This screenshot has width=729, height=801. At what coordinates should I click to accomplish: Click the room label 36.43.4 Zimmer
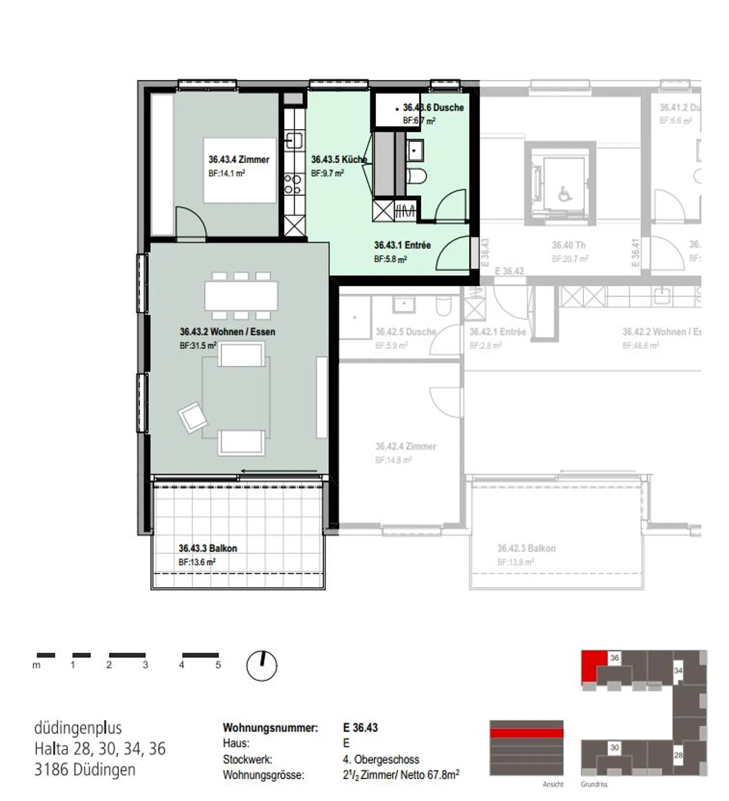coord(238,159)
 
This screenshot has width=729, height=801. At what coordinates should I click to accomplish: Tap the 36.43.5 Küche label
coord(338,159)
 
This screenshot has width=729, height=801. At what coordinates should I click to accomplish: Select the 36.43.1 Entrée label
coord(402,245)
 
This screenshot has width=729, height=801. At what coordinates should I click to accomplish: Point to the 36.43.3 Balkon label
coord(208,549)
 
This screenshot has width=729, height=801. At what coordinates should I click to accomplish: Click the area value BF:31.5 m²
coord(198,346)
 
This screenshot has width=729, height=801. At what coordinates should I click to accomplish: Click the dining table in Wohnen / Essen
coord(241,296)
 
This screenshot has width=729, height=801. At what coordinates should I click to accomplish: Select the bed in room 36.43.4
coord(240,170)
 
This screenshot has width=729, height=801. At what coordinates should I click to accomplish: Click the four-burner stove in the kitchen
coord(293,184)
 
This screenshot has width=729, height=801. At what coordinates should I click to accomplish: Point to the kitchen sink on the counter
coord(294,140)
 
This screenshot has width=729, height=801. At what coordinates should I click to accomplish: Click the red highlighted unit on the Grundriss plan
coord(593,666)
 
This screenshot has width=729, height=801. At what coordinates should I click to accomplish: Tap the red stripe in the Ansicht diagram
coord(526,733)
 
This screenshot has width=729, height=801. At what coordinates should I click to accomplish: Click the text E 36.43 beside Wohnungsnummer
coord(360,728)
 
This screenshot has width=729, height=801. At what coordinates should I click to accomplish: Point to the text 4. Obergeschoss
coord(381,760)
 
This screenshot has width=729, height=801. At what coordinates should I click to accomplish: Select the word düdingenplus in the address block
coord(78,728)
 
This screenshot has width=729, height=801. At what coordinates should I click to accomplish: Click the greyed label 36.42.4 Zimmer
coord(406,446)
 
